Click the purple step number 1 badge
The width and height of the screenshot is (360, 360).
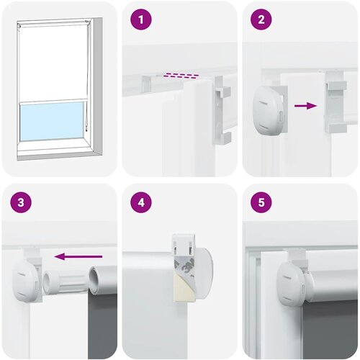click(x=141, y=19)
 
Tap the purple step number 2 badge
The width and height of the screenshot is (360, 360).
click(x=261, y=19)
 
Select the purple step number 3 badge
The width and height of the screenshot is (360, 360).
click(x=21, y=202)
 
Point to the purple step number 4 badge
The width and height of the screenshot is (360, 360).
click(x=141, y=202)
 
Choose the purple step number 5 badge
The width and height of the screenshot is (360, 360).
click(x=261, y=202)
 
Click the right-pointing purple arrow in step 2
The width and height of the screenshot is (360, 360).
click(x=305, y=106)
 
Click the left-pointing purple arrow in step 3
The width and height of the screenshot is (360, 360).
click(x=78, y=256)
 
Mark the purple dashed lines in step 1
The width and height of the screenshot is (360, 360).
click(x=181, y=76)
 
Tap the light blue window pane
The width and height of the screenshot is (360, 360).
click(x=52, y=121)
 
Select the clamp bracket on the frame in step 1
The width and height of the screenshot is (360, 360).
click(x=222, y=110)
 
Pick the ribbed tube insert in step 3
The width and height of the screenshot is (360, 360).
click(x=66, y=281)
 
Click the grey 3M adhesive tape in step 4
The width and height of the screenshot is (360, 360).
click(x=185, y=265)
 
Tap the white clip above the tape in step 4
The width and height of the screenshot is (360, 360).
click(x=183, y=243)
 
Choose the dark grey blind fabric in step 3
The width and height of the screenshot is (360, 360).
click(x=102, y=325)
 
